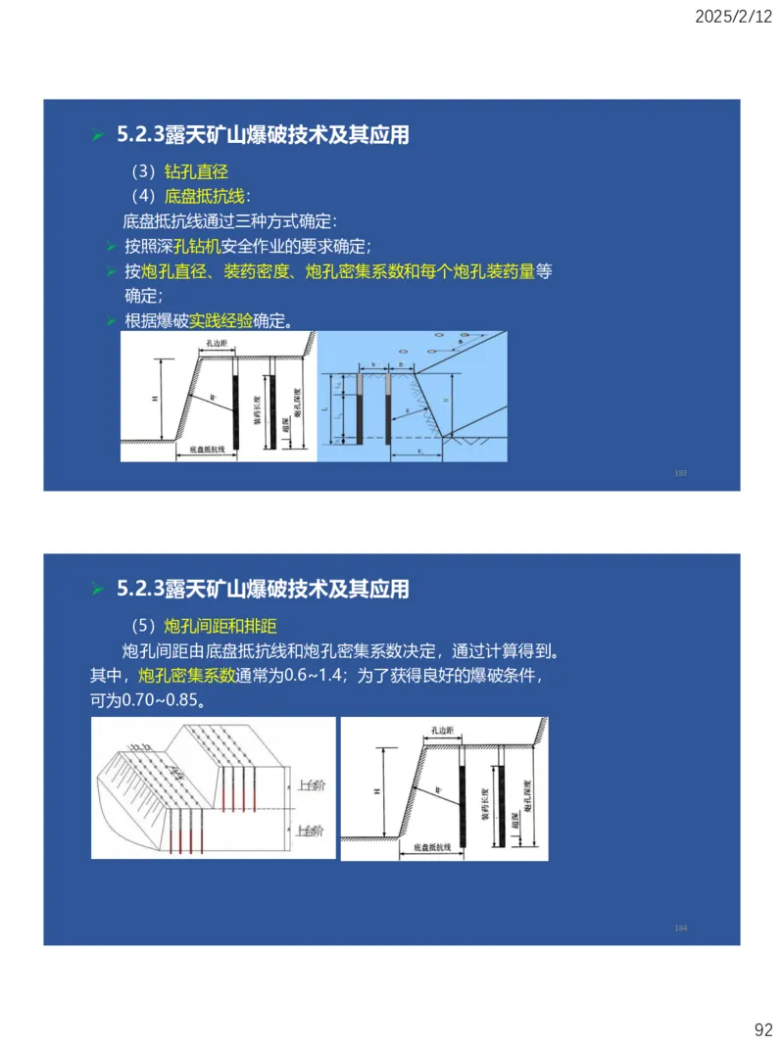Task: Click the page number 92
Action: point(762,1029)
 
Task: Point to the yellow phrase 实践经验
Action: point(220,320)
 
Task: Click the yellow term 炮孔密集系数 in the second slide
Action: point(186,676)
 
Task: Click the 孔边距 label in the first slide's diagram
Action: point(217,344)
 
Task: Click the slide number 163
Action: point(680,473)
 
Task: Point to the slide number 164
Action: point(680,927)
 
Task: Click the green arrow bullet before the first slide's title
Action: point(97,136)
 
